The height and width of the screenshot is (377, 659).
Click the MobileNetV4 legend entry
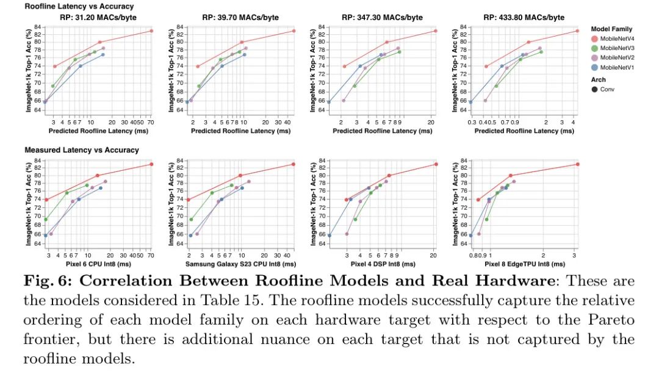[x=616, y=38]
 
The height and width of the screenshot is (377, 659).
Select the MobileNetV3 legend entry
[x=616, y=48]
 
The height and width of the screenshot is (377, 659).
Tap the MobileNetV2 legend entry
[x=616, y=57]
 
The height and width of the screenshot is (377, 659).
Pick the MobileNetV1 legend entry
[x=616, y=67]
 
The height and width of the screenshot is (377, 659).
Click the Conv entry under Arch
[x=605, y=90]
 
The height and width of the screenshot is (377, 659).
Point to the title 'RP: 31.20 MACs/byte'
[x=98, y=18]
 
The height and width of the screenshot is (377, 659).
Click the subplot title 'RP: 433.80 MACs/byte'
[x=524, y=18]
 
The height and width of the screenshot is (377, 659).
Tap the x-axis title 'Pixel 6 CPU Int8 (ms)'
[x=98, y=264]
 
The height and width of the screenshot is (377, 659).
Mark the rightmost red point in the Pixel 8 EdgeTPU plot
[x=577, y=164]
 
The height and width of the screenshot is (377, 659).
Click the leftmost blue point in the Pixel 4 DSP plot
[x=329, y=235]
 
